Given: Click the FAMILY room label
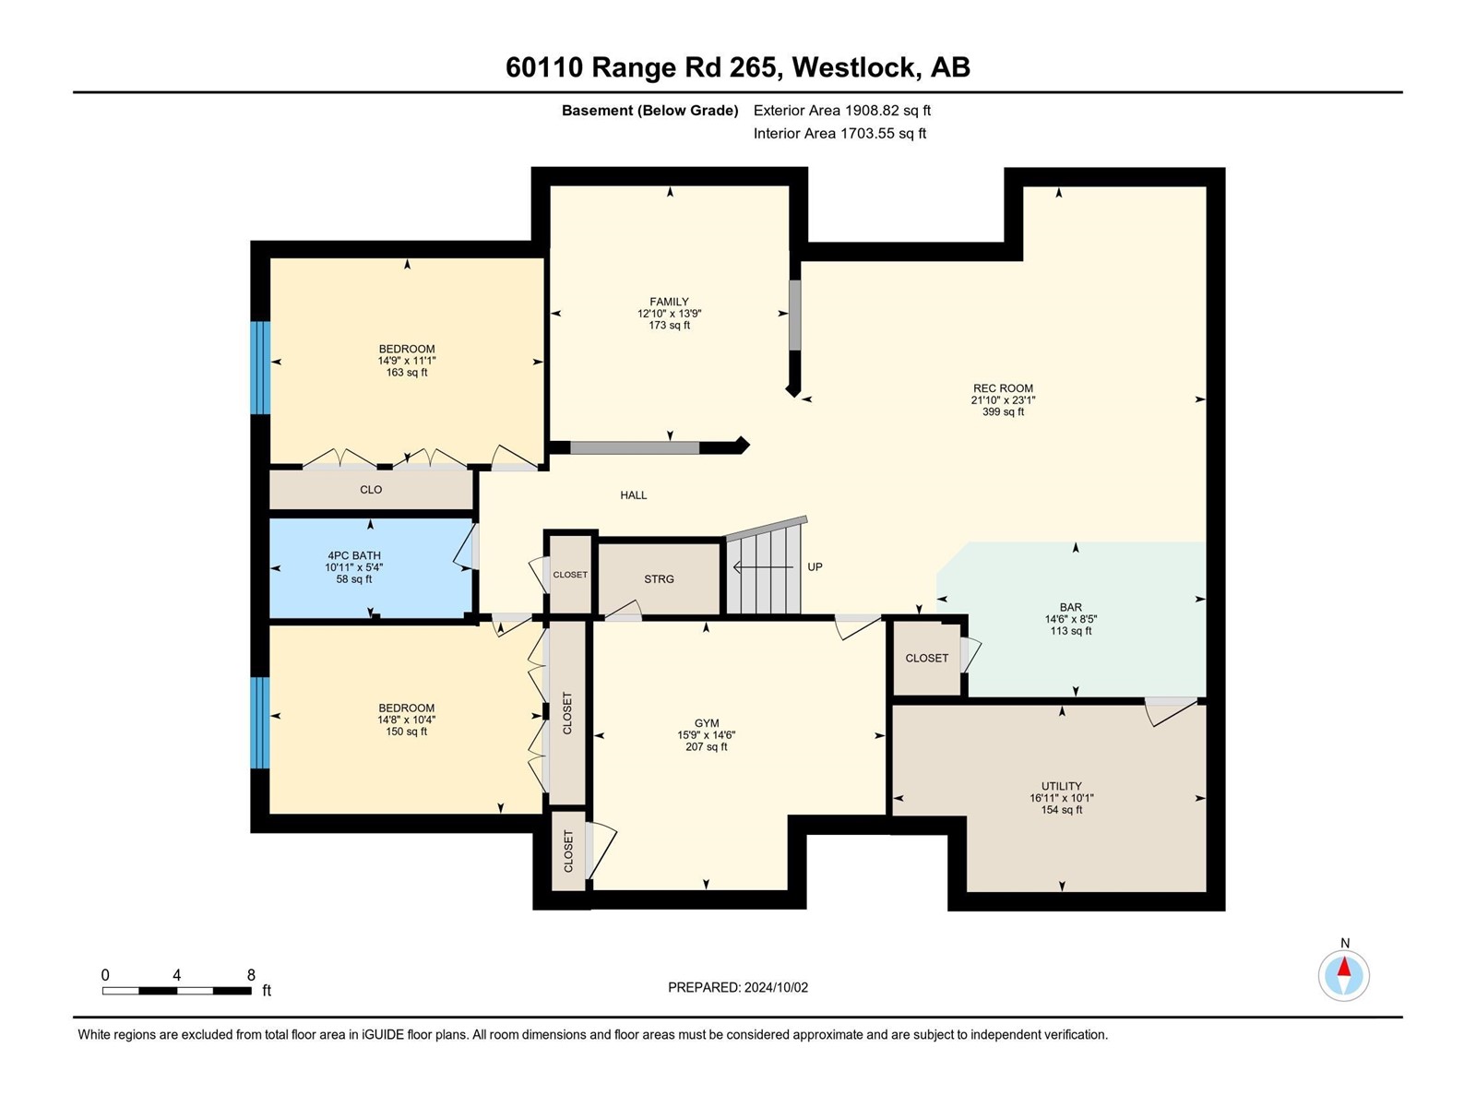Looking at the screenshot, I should click(669, 302).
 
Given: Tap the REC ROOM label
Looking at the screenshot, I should click(1003, 388).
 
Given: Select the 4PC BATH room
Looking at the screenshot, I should click(353, 567).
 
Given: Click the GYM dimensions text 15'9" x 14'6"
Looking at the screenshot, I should click(706, 735).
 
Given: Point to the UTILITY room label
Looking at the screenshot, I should click(1061, 786).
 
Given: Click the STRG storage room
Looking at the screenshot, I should click(659, 579).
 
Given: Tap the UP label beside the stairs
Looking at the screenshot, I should click(815, 567).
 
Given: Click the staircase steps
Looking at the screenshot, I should click(763, 572).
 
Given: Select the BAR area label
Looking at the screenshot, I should click(1070, 607).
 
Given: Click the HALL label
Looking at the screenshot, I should click(633, 495).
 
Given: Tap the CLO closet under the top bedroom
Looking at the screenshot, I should click(371, 490).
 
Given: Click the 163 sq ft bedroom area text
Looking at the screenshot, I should click(407, 373).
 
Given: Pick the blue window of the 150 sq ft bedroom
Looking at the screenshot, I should click(261, 722).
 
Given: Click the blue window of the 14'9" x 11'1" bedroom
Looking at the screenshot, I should click(261, 367).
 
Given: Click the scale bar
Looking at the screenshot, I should click(176, 991).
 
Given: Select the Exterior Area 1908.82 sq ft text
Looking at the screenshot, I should click(841, 111).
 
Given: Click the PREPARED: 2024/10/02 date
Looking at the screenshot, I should click(738, 987).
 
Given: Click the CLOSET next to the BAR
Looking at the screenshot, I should click(926, 658).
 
